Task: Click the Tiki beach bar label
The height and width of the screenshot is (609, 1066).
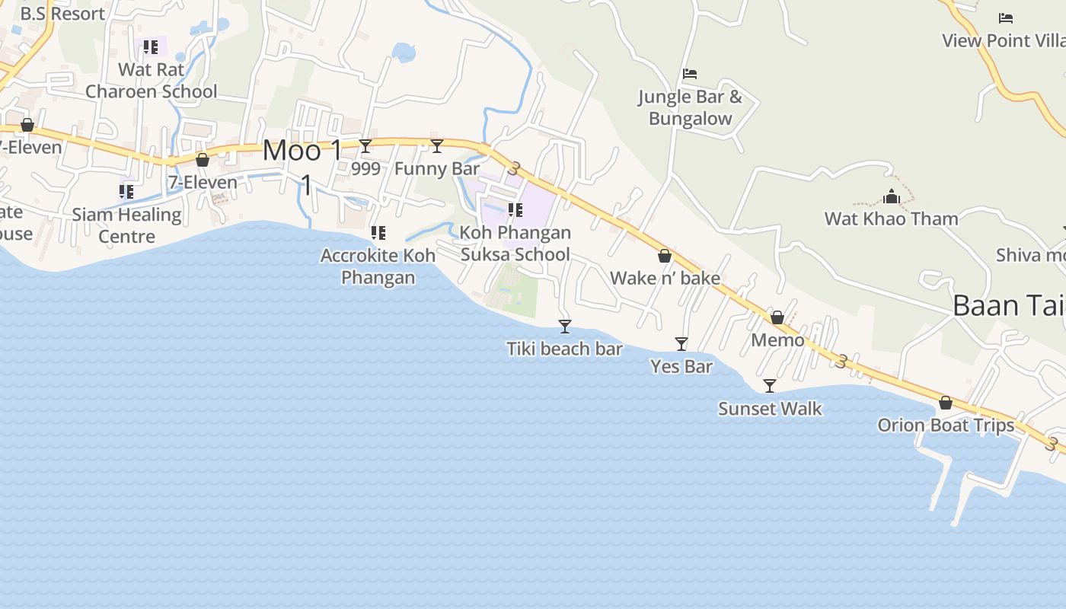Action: tap(564, 349)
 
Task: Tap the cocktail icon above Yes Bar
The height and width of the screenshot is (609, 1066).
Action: tap(681, 344)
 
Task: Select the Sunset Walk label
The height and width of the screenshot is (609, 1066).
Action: tap(770, 409)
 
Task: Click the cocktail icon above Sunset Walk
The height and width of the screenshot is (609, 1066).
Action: tap(770, 386)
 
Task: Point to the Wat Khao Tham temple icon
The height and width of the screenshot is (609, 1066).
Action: tap(892, 197)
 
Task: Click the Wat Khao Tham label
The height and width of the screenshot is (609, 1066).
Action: tap(891, 219)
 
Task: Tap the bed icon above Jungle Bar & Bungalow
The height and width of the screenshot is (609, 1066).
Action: tap(690, 74)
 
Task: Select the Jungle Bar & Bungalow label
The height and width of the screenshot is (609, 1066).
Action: tap(690, 107)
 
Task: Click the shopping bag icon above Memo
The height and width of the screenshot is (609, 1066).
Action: tap(777, 317)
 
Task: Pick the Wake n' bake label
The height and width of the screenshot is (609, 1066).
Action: tap(665, 279)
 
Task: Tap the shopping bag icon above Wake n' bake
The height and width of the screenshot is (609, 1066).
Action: tap(665, 257)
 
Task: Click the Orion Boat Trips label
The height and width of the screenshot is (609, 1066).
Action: tap(946, 426)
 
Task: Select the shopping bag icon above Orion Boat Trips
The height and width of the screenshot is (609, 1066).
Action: tap(946, 403)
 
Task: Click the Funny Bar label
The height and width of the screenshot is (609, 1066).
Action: tap(437, 169)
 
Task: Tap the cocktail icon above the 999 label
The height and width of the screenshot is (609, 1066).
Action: tap(365, 146)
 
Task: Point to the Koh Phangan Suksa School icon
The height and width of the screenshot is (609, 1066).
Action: tap(515, 209)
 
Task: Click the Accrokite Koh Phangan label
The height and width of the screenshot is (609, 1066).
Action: tap(378, 266)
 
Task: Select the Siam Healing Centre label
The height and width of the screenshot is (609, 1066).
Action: tap(126, 225)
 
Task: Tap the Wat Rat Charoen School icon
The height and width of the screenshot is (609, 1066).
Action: tap(151, 47)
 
